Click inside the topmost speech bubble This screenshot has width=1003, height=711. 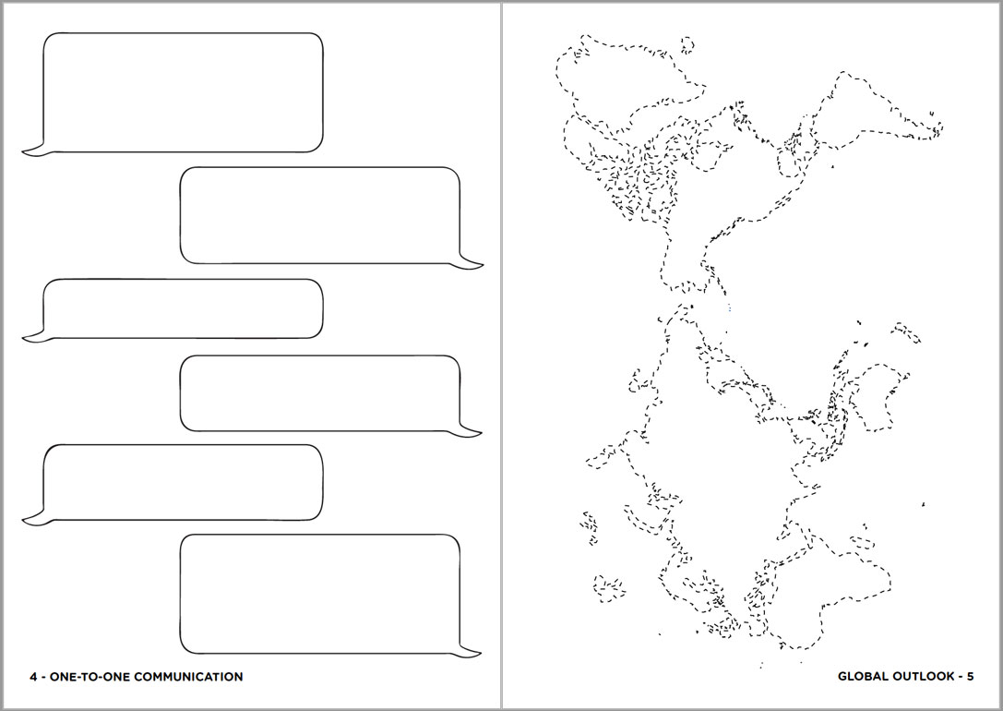pos(183,92)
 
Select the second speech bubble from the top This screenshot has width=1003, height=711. pos(320,216)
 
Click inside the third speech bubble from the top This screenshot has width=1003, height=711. pos(183,308)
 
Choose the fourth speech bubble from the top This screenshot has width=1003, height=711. pos(320,393)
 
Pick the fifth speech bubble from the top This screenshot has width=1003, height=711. pos(183,483)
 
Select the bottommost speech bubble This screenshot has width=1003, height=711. pos(320,595)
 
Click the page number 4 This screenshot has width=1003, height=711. pos(33,677)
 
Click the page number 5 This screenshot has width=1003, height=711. pos(971,677)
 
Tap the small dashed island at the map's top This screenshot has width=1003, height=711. pos(687,45)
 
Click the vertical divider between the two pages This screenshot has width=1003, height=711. pos(502,355)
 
